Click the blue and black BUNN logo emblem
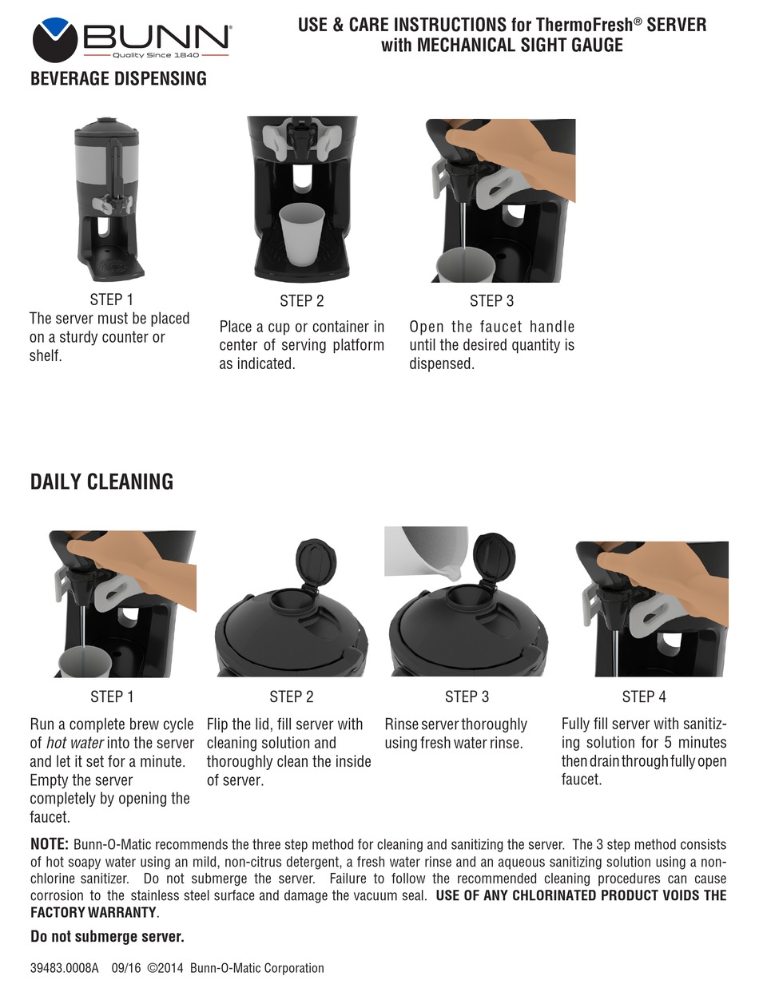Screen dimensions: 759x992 pos(54,40)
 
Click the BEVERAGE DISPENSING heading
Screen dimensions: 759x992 pos(118,78)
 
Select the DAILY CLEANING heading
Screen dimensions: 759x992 pos(101,482)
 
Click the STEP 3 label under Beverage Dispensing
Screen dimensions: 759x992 pos(491,301)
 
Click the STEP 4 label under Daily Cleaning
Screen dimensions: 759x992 pos(644,697)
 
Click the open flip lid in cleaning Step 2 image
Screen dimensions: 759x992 pos(316,561)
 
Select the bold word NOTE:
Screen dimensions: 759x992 pos(50,844)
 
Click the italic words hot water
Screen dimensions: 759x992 pos(75,743)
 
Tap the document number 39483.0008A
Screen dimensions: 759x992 pos(64,968)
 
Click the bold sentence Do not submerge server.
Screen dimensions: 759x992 pos(107,936)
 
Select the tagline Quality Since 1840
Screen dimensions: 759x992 pos(156,55)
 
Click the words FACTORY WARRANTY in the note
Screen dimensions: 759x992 pos(93,912)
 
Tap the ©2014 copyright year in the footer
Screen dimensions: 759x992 pos(165,968)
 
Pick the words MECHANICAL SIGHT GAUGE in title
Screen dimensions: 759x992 pos(520,46)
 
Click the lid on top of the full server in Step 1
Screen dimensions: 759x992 pos(107,128)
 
